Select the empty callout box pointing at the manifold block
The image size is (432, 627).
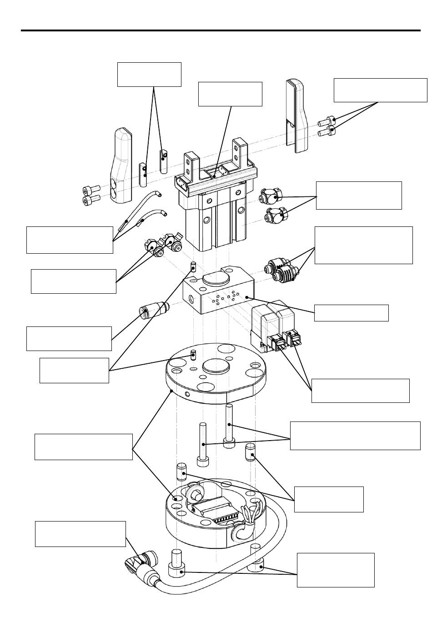point(352,313)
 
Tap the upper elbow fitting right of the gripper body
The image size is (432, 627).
point(271,197)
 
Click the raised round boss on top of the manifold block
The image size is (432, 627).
point(216,278)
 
